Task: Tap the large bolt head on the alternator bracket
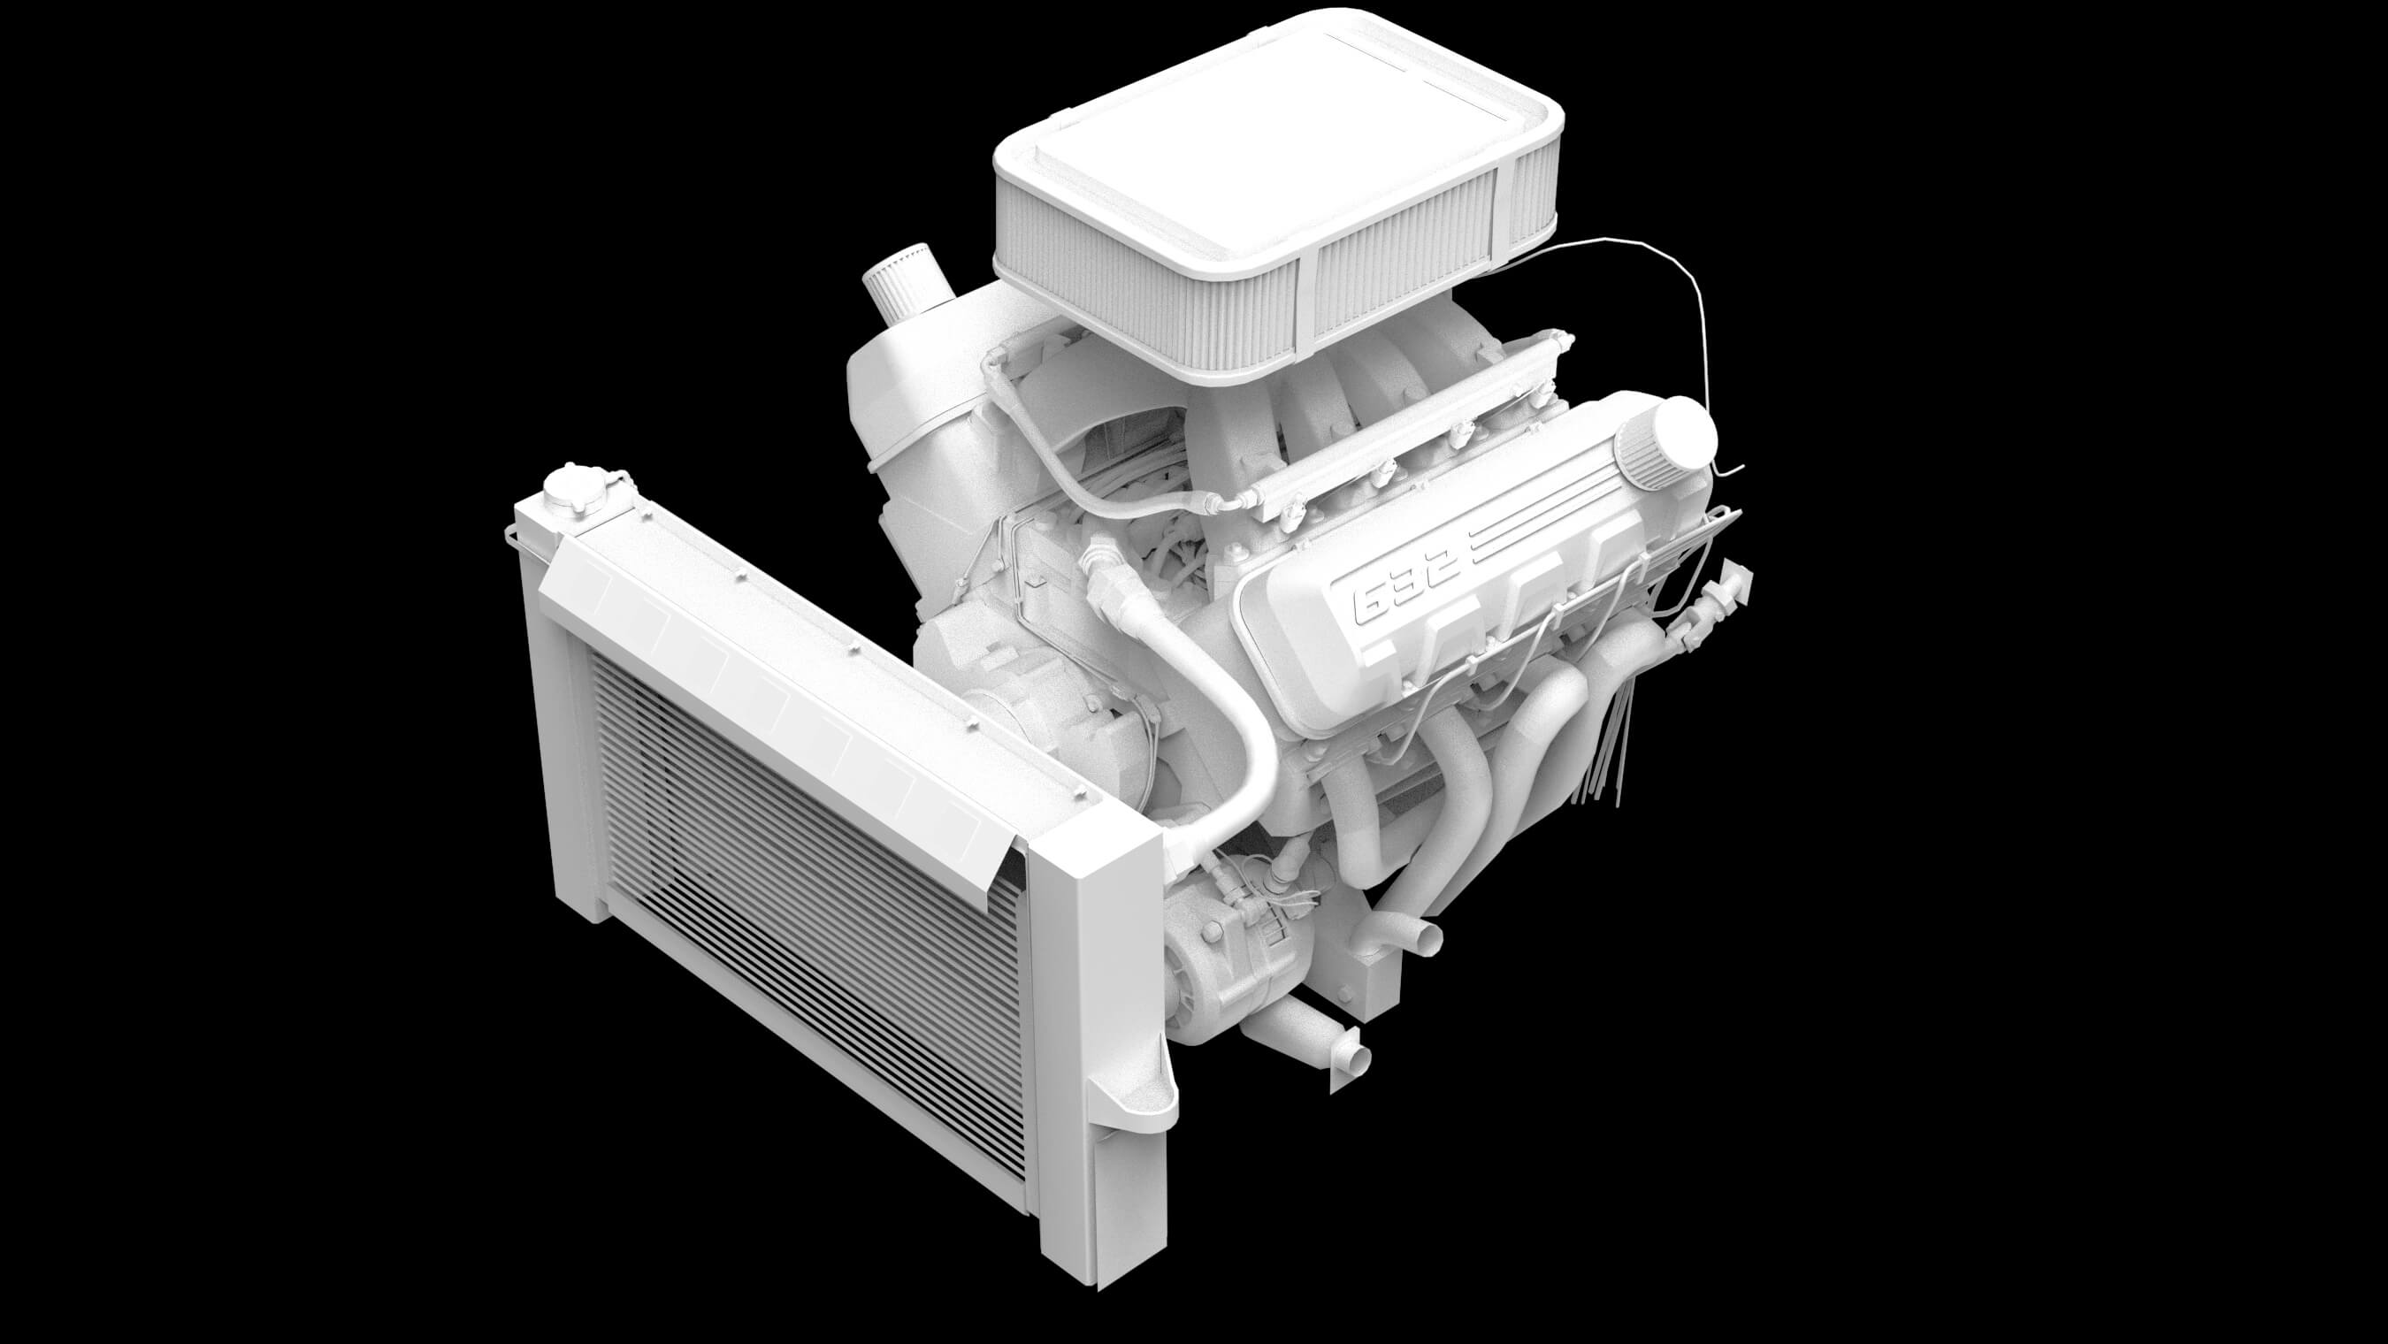pos(1211,935)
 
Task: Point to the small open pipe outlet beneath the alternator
pos(1355,1058)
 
